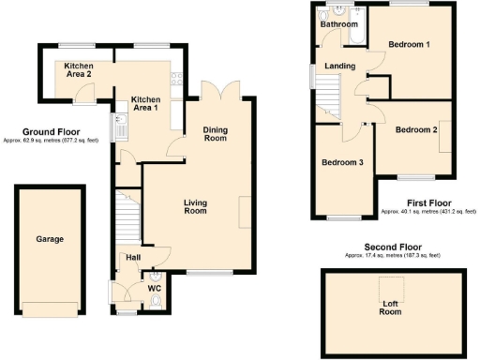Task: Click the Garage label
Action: click(x=50, y=239)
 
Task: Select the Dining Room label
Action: click(x=217, y=135)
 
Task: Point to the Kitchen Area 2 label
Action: click(x=80, y=70)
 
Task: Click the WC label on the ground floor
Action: click(x=155, y=288)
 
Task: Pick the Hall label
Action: click(x=133, y=256)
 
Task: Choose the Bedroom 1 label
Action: click(x=409, y=44)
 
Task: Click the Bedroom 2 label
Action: click(x=416, y=129)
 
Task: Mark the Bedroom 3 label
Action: click(x=342, y=162)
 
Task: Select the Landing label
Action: click(x=339, y=67)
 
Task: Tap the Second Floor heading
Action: click(x=391, y=247)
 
